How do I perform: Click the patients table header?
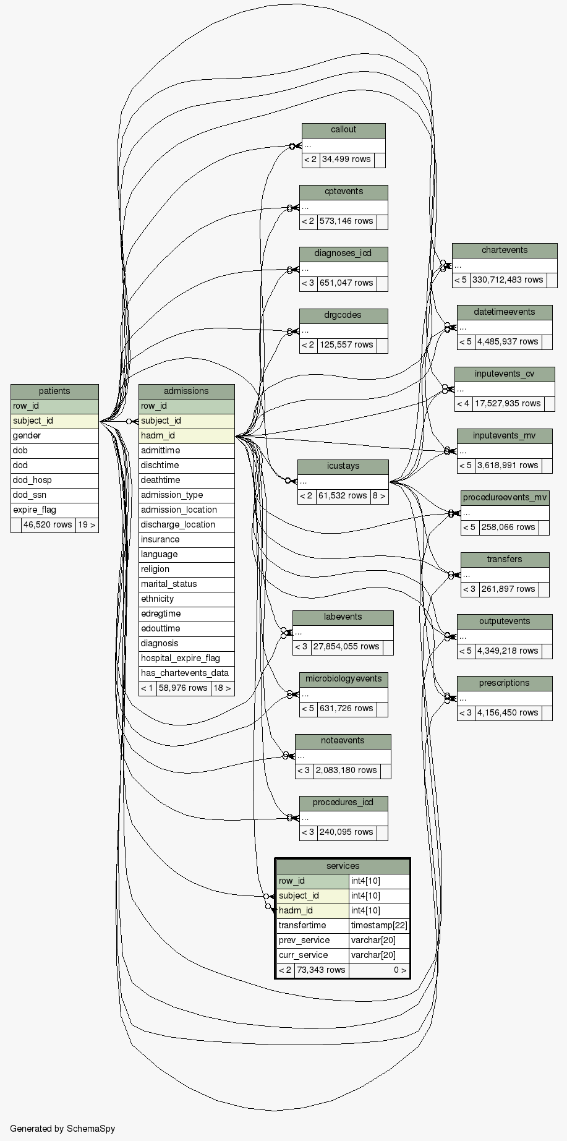coord(54,391)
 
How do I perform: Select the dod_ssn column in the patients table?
coord(54,495)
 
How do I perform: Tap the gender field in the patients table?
coord(54,435)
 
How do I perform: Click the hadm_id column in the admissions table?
coord(186,435)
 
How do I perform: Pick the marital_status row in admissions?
coord(186,584)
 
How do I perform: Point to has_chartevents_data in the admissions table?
coord(186,673)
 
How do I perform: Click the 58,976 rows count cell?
coord(183,688)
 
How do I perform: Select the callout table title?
coord(343,129)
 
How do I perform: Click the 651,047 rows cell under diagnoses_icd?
coord(346,283)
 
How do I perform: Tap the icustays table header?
coord(343,466)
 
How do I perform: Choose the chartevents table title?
coord(505,250)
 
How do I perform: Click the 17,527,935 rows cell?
coord(508,403)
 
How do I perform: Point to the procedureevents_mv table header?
coord(505,497)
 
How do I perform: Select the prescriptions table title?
coord(504,683)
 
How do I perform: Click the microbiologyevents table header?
coord(343,678)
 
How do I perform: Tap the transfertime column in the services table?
coord(312,925)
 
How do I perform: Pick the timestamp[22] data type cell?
coord(378,925)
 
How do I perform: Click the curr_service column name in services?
coord(312,955)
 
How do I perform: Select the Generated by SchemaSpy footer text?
coord(62,1129)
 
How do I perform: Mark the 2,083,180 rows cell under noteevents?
coord(346,770)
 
